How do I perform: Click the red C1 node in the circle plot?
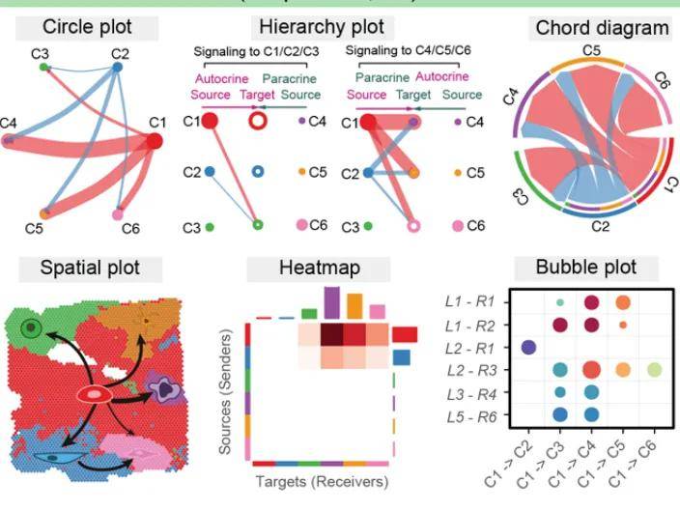click(154, 142)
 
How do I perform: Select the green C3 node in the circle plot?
click(43, 67)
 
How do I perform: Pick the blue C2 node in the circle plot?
click(117, 68)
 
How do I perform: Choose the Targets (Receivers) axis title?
click(321, 480)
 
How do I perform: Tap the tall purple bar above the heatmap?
click(331, 301)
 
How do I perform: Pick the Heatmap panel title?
click(321, 268)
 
